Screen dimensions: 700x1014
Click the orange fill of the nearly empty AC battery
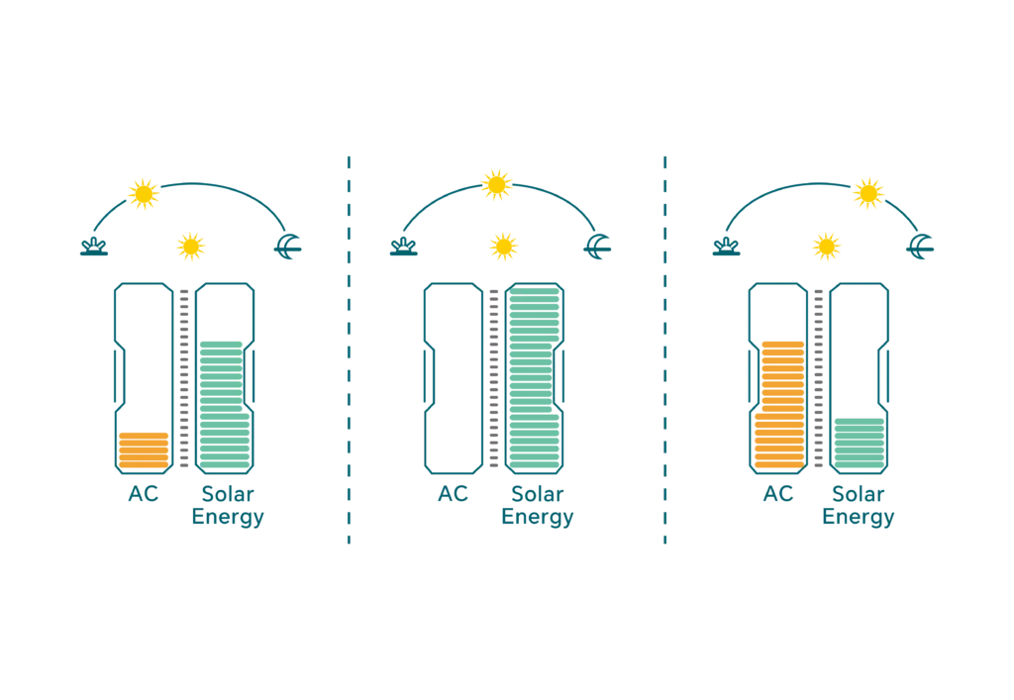click(x=144, y=450)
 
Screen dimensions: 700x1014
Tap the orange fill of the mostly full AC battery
click(x=777, y=404)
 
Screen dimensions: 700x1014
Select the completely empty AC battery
click(x=453, y=376)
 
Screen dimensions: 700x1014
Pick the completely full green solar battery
click(x=535, y=376)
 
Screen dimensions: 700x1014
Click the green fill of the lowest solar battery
click(x=859, y=442)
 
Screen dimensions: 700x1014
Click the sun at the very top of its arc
click(x=496, y=184)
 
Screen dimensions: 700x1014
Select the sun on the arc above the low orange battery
click(x=145, y=193)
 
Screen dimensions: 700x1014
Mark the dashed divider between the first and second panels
click(x=348, y=347)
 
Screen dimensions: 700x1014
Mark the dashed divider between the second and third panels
click(x=664, y=347)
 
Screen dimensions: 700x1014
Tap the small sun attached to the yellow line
click(x=825, y=248)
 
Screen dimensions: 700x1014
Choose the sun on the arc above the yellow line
click(x=867, y=192)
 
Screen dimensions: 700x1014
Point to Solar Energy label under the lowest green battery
click(x=859, y=505)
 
